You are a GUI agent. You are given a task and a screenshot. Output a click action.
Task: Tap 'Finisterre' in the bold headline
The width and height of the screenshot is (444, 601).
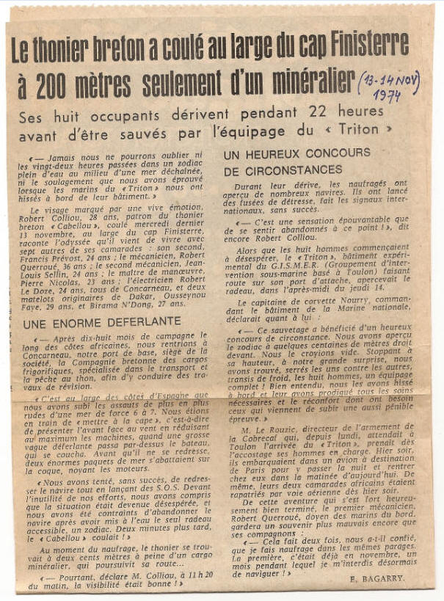click(365, 45)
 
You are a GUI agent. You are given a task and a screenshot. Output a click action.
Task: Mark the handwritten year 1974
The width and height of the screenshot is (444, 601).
click(386, 95)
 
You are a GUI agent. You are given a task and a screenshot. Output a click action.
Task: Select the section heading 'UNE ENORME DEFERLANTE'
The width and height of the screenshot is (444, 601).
click(92, 323)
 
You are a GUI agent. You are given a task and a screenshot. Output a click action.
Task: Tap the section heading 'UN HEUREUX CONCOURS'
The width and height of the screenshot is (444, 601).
click(296, 153)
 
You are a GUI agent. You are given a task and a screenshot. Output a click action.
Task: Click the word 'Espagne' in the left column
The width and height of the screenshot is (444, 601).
click(174, 395)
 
